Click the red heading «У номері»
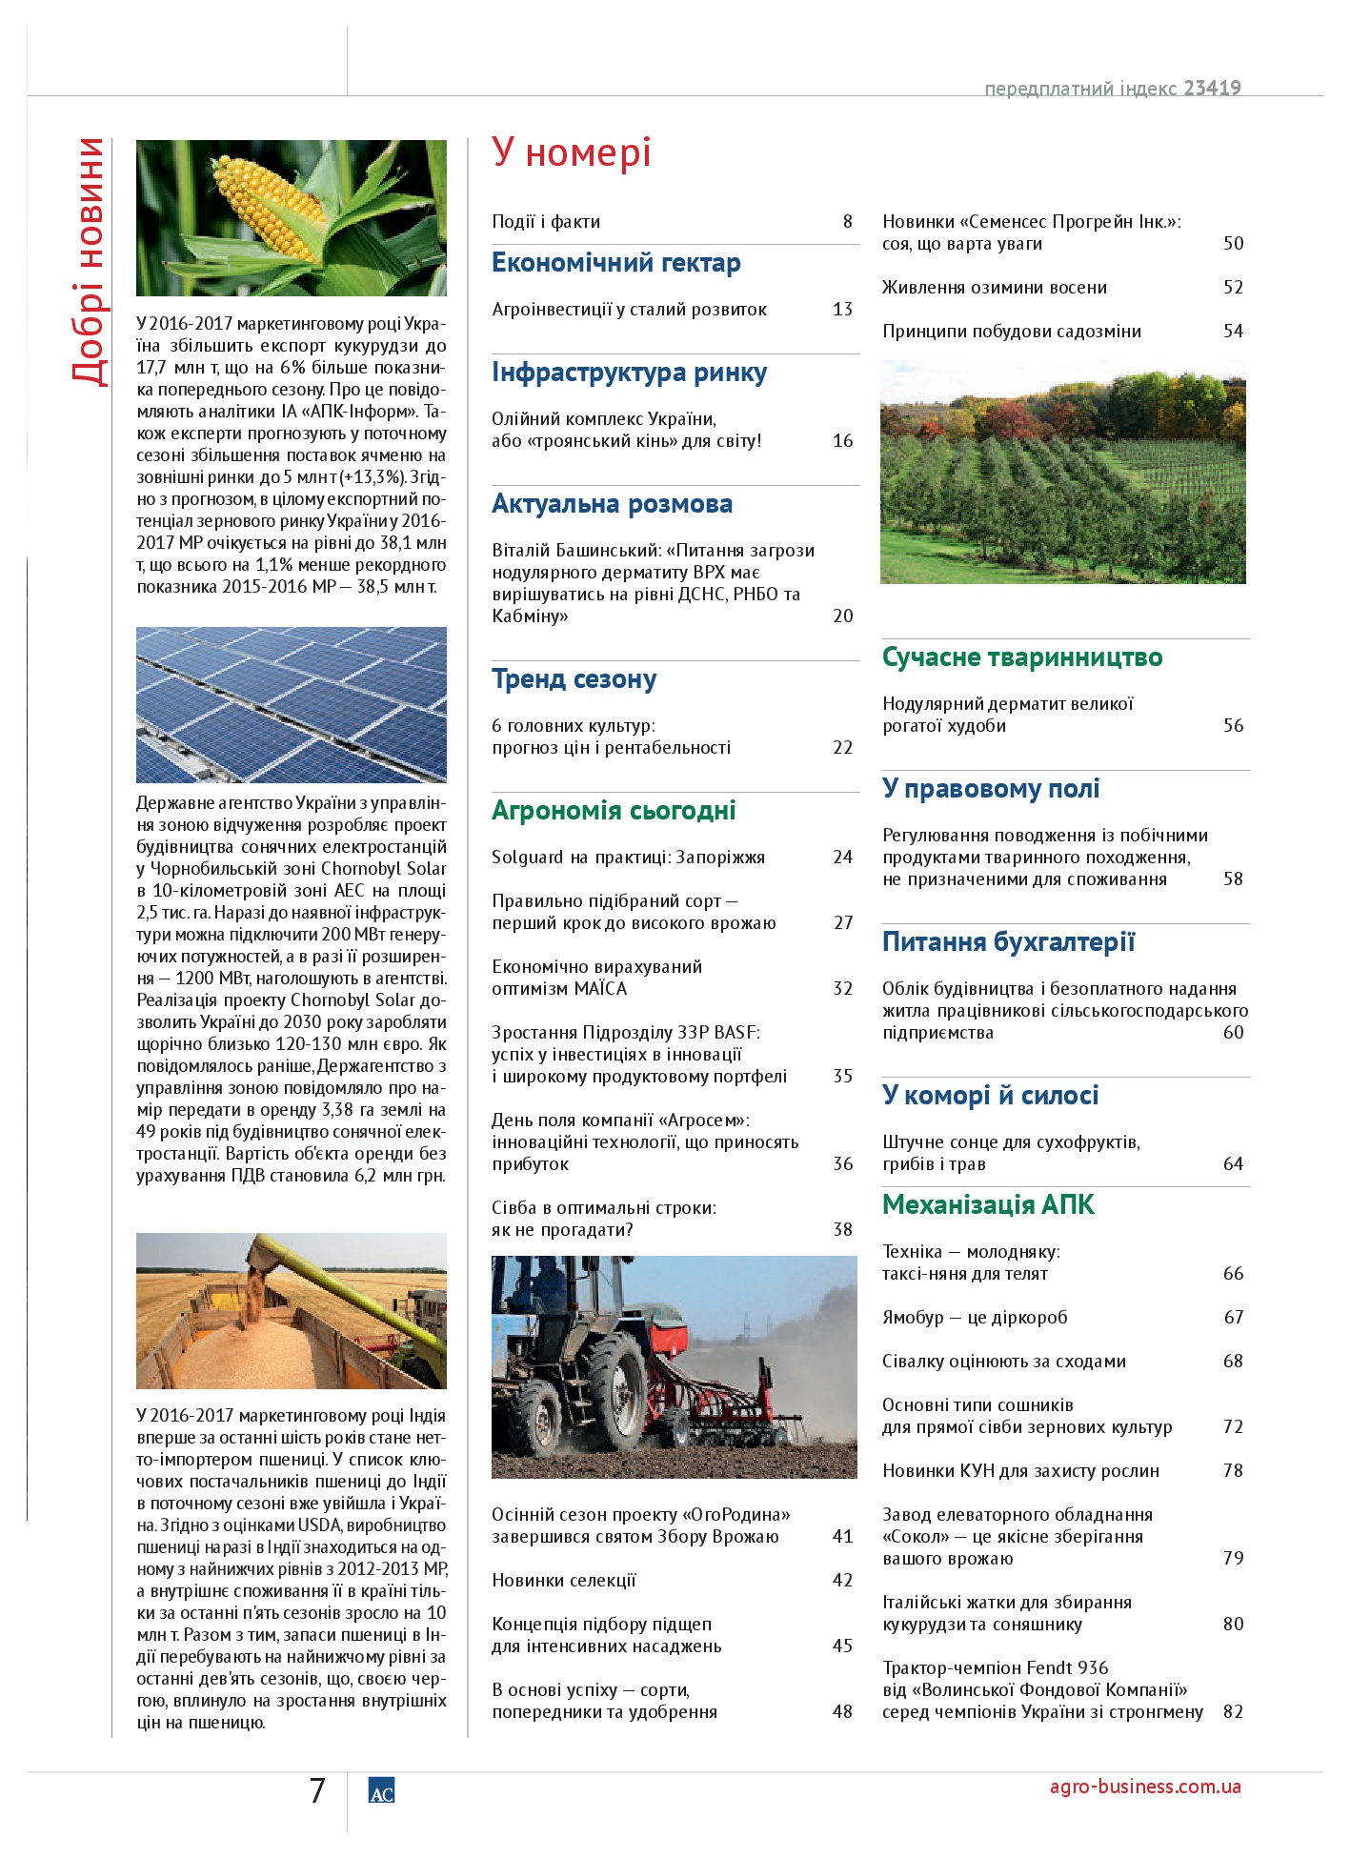click(x=572, y=152)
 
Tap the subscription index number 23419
click(x=1212, y=89)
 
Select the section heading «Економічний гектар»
click(x=615, y=263)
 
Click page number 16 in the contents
click(x=842, y=441)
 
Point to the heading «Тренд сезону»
click(x=574, y=679)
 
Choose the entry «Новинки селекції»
click(x=564, y=1581)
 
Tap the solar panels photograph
click(x=291, y=704)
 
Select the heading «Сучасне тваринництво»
click(x=1021, y=657)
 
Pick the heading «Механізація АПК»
click(x=988, y=1205)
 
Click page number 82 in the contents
click(x=1233, y=1712)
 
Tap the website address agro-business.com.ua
click(x=1144, y=1787)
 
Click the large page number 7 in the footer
click(x=317, y=1791)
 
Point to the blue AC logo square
click(x=381, y=1791)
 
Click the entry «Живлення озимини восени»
click(x=994, y=288)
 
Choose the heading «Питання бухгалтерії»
click(x=1008, y=942)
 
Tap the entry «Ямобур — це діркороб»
click(x=974, y=1318)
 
